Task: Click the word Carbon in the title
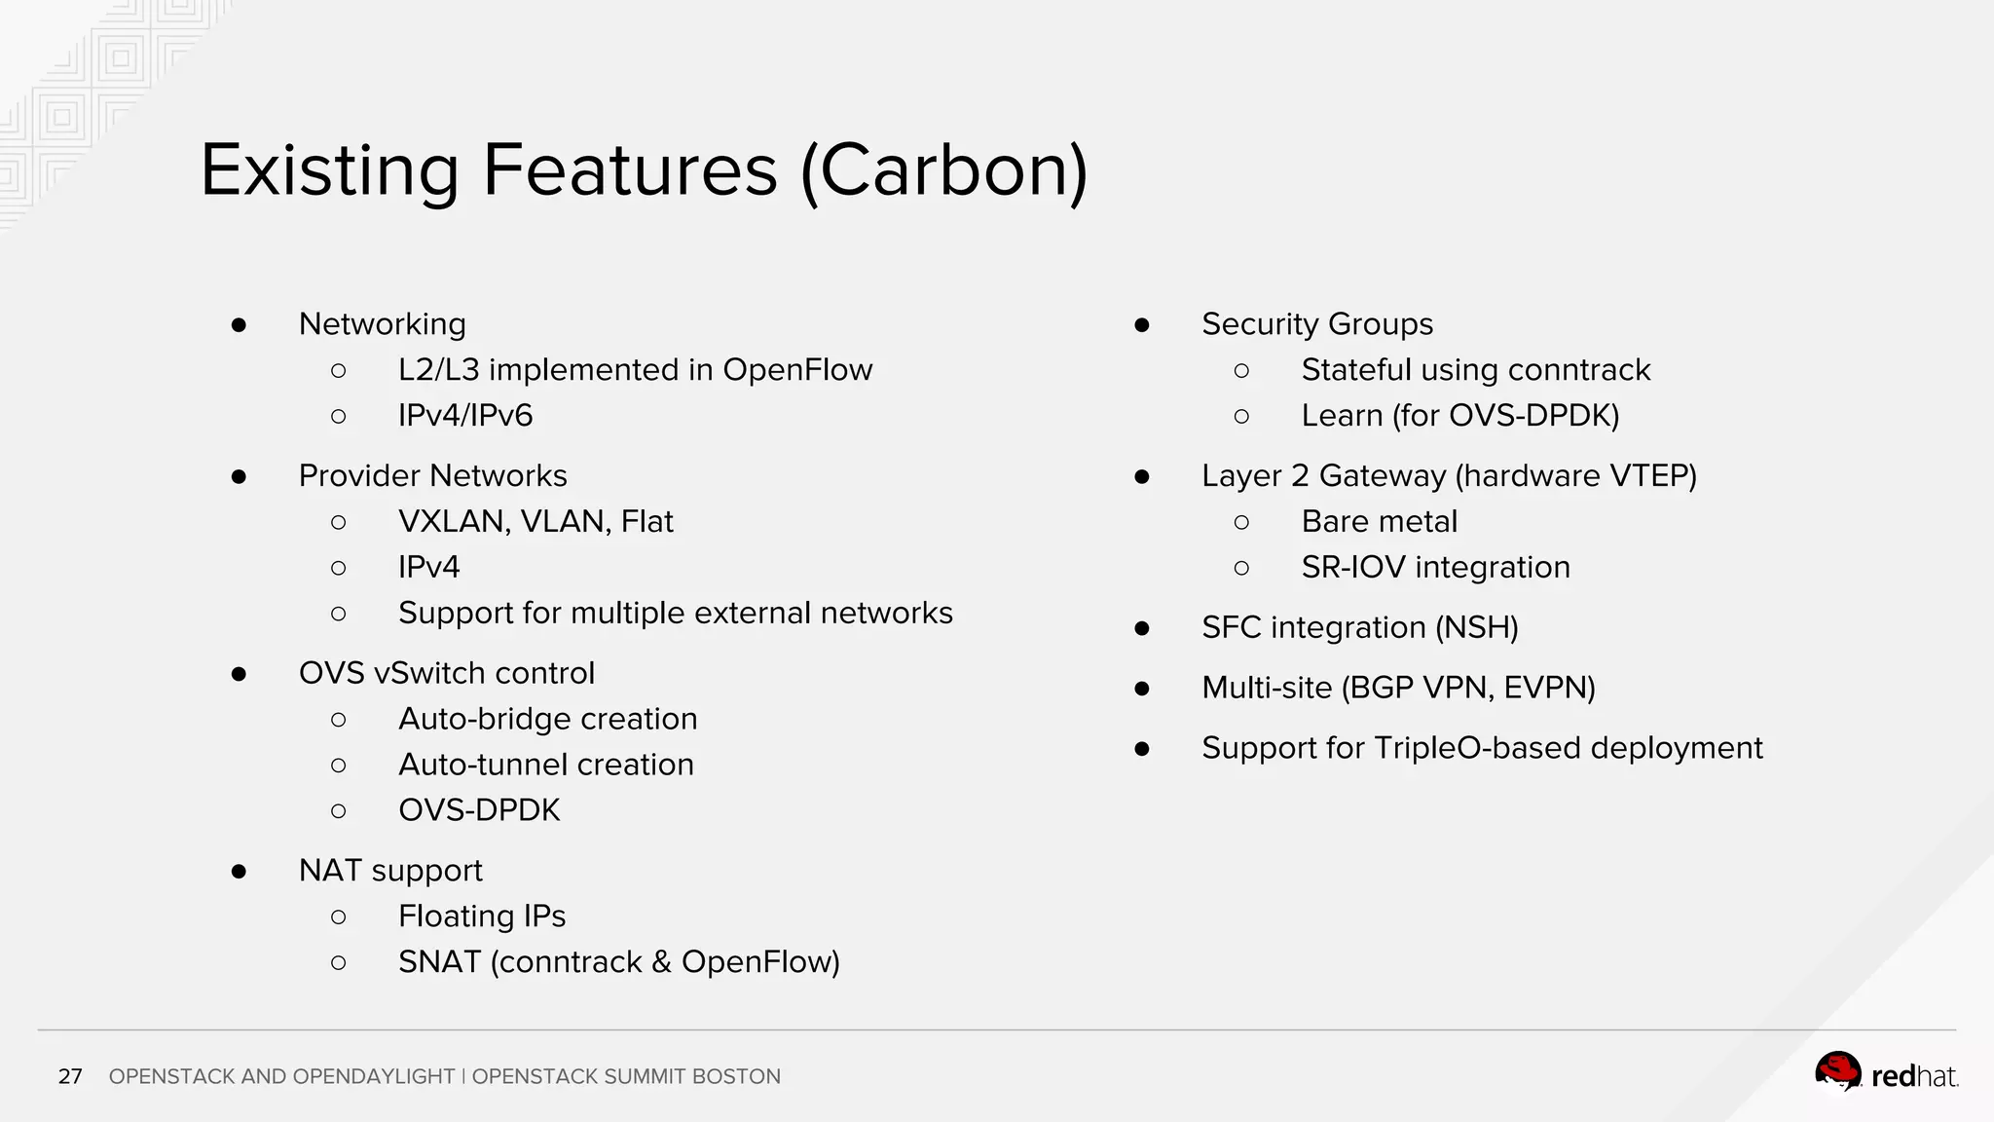coord(942,170)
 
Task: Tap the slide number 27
coord(70,1076)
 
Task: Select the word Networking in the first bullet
coord(382,324)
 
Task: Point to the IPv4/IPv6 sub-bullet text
coord(465,416)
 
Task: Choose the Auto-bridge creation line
coord(547,719)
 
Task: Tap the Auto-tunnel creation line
coord(545,765)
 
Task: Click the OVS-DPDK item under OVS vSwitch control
coord(479,810)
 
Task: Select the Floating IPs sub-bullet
coord(481,916)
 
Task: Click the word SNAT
coord(439,962)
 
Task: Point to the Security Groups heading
coord(1316,324)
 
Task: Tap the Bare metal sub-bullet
coord(1379,522)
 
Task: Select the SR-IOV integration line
coord(1435,568)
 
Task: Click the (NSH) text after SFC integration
coord(1477,628)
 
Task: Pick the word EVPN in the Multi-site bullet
coord(1548,689)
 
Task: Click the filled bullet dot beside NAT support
coord(239,872)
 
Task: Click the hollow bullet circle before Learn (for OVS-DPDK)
coord(1241,417)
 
